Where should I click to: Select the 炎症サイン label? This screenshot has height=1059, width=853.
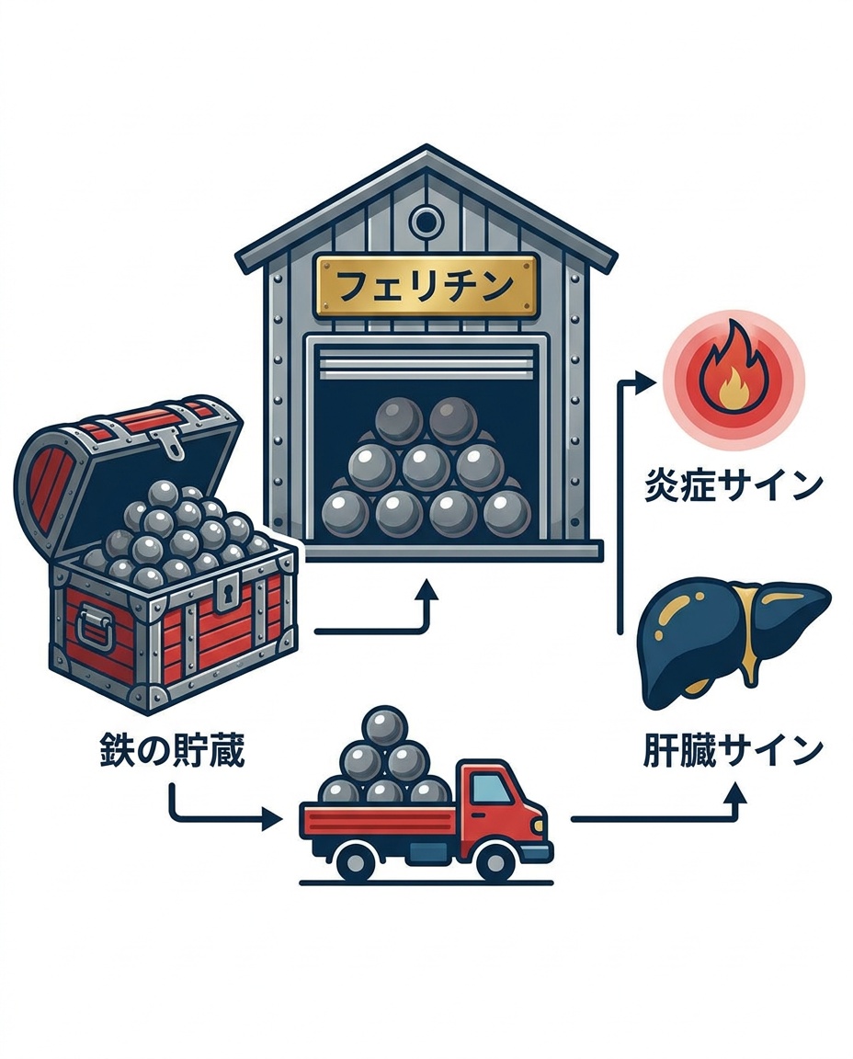tap(733, 486)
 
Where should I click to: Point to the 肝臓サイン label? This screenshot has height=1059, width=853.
tap(733, 750)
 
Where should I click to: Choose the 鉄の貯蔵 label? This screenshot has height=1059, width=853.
tap(172, 751)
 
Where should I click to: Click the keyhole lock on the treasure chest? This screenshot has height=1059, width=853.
tap(225, 594)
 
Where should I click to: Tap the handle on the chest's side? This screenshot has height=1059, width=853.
tap(92, 625)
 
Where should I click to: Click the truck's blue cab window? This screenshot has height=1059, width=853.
tap(489, 791)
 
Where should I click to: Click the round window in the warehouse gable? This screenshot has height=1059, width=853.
tap(426, 220)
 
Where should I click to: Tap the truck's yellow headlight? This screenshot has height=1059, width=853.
tap(539, 826)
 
